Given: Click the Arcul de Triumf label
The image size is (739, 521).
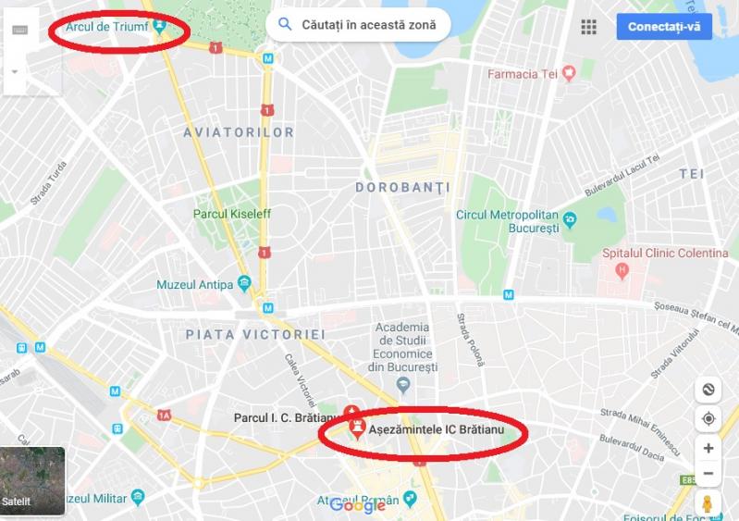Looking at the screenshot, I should (x=107, y=27).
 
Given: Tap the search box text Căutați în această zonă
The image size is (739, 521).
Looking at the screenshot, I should (x=368, y=25).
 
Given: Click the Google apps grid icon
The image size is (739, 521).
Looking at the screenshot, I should (x=588, y=26).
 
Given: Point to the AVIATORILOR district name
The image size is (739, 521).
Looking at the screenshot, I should (x=239, y=132).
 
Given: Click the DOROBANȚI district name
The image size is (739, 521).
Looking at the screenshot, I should (x=402, y=187).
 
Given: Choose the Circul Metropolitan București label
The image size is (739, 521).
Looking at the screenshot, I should (x=508, y=220).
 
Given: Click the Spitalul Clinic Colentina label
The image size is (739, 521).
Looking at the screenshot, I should (x=665, y=253).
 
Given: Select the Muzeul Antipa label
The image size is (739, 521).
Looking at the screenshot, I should (x=195, y=284).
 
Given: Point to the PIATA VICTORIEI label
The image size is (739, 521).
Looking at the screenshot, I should (x=255, y=333).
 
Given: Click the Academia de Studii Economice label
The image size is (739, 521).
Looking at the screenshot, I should (x=402, y=347).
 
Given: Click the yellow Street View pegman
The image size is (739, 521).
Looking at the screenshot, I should (x=708, y=504).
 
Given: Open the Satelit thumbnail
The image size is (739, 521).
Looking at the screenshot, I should (x=32, y=480).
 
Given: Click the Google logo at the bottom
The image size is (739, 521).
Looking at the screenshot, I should (x=357, y=505).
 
